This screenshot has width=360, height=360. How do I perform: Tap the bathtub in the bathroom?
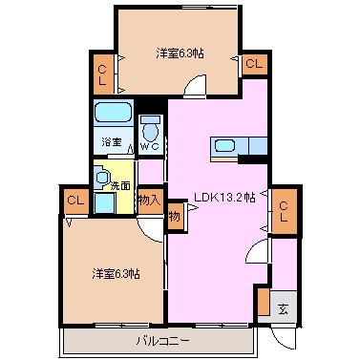(114, 112)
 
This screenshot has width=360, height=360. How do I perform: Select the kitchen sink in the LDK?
(225, 146)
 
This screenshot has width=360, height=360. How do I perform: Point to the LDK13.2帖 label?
(224, 198)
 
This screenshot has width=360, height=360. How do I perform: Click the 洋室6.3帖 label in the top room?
(180, 53)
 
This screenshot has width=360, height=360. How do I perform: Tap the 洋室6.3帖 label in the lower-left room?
(116, 273)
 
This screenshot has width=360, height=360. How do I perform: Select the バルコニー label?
(163, 342)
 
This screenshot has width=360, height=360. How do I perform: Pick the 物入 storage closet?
(151, 201)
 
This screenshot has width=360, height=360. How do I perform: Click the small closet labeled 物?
(175, 217)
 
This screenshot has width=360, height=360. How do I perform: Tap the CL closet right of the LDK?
(284, 212)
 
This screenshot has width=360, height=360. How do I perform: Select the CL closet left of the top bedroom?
(102, 74)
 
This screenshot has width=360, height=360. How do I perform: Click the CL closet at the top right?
(255, 64)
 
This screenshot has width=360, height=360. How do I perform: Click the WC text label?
(150, 147)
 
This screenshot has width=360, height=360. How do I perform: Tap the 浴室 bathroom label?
(112, 142)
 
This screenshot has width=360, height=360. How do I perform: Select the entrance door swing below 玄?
(281, 339)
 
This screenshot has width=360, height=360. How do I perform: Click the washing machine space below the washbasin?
(105, 202)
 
